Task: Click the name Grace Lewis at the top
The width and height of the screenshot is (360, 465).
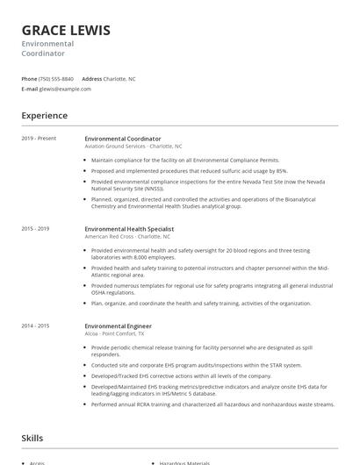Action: [x=66, y=30]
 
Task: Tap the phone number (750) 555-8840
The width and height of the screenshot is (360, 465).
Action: [x=57, y=78]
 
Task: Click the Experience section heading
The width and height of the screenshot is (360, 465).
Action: [x=45, y=116]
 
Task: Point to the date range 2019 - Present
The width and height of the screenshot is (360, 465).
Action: [x=40, y=139]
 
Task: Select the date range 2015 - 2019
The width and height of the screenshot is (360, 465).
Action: [x=37, y=229]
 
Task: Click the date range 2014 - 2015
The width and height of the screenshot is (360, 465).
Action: [x=37, y=325]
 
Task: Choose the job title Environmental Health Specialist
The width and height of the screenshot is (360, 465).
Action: [x=130, y=229]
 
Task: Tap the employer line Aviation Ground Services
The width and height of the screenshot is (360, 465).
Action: [x=133, y=147]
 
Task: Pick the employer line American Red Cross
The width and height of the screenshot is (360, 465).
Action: [x=127, y=237]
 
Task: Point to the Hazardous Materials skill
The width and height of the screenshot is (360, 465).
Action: [x=186, y=462]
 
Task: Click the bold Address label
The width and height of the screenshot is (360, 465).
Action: [x=92, y=78]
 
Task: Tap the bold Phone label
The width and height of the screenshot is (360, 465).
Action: [x=30, y=78]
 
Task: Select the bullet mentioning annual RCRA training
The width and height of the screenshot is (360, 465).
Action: [x=212, y=404]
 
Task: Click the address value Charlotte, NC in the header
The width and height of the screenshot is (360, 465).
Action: [x=119, y=78]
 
